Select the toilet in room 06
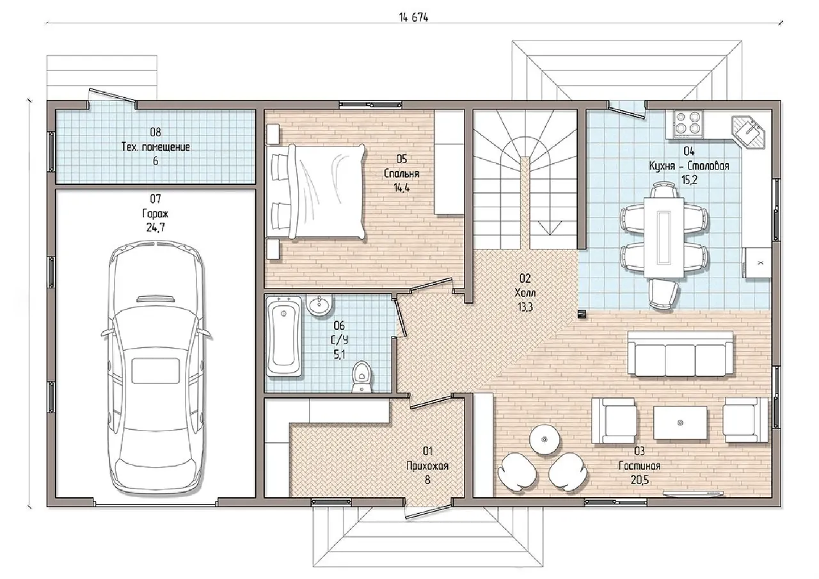click(x=362, y=377)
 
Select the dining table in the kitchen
click(x=664, y=237)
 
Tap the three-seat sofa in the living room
click(x=680, y=354)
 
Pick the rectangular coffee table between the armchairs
click(x=680, y=422)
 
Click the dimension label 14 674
click(x=413, y=17)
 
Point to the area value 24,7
click(x=155, y=227)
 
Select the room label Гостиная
click(x=639, y=466)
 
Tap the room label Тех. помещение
click(x=155, y=147)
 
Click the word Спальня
click(x=401, y=173)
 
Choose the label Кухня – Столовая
click(x=689, y=166)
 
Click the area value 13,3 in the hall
click(x=525, y=307)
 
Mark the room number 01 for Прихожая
click(x=427, y=450)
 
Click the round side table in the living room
click(x=545, y=439)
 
